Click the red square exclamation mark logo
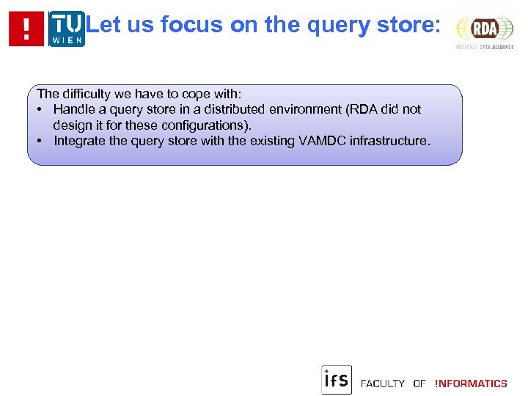pos(26,29)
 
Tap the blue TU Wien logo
pos(67,29)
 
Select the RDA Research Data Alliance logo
pos(484,30)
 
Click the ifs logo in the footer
pos(337,380)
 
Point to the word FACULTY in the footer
pos(383,384)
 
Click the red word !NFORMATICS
pos(471,384)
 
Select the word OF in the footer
pos(419,384)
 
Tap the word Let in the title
pos(103,25)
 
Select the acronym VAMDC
pos(322,141)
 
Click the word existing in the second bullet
pos(271,141)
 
